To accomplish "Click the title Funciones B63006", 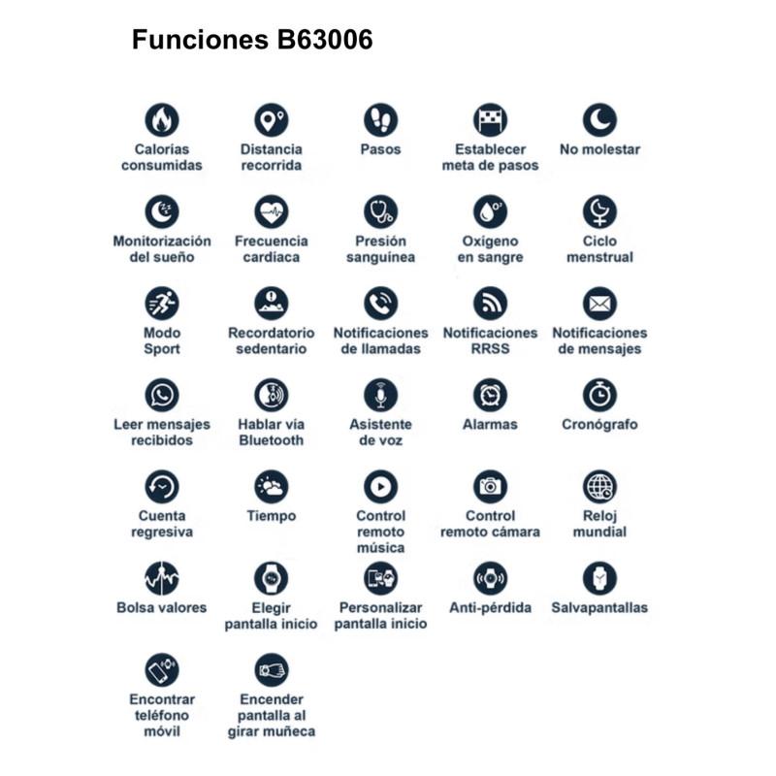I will (252, 40).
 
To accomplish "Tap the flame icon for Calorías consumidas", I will (162, 120).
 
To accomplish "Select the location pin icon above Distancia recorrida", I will (271, 120).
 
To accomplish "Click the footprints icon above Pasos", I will (380, 120).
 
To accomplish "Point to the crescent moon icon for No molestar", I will (599, 120).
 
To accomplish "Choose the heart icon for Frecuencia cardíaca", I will (271, 211).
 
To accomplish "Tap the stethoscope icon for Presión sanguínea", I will (380, 211).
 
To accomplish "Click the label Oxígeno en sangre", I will (490, 249).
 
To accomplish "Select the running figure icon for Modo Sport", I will (162, 304).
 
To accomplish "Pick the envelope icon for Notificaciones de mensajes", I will (599, 304).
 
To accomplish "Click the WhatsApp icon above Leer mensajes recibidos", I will (162, 395).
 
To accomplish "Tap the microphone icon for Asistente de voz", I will (380, 395).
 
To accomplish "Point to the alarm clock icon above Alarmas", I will (490, 395).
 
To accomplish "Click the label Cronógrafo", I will (599, 424).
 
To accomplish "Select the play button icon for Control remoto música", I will (380, 486).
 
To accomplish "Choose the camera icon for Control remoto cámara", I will (490, 486).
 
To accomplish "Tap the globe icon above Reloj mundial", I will (599, 486).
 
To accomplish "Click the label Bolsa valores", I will (162, 607).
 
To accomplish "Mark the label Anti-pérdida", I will (490, 607).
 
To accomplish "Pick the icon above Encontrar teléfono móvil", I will (162, 669).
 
